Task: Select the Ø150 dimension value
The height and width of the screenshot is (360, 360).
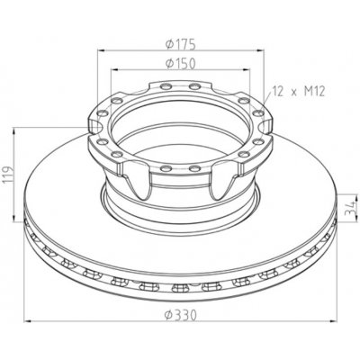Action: point(182,63)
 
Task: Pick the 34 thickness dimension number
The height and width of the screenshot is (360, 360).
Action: point(347,213)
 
